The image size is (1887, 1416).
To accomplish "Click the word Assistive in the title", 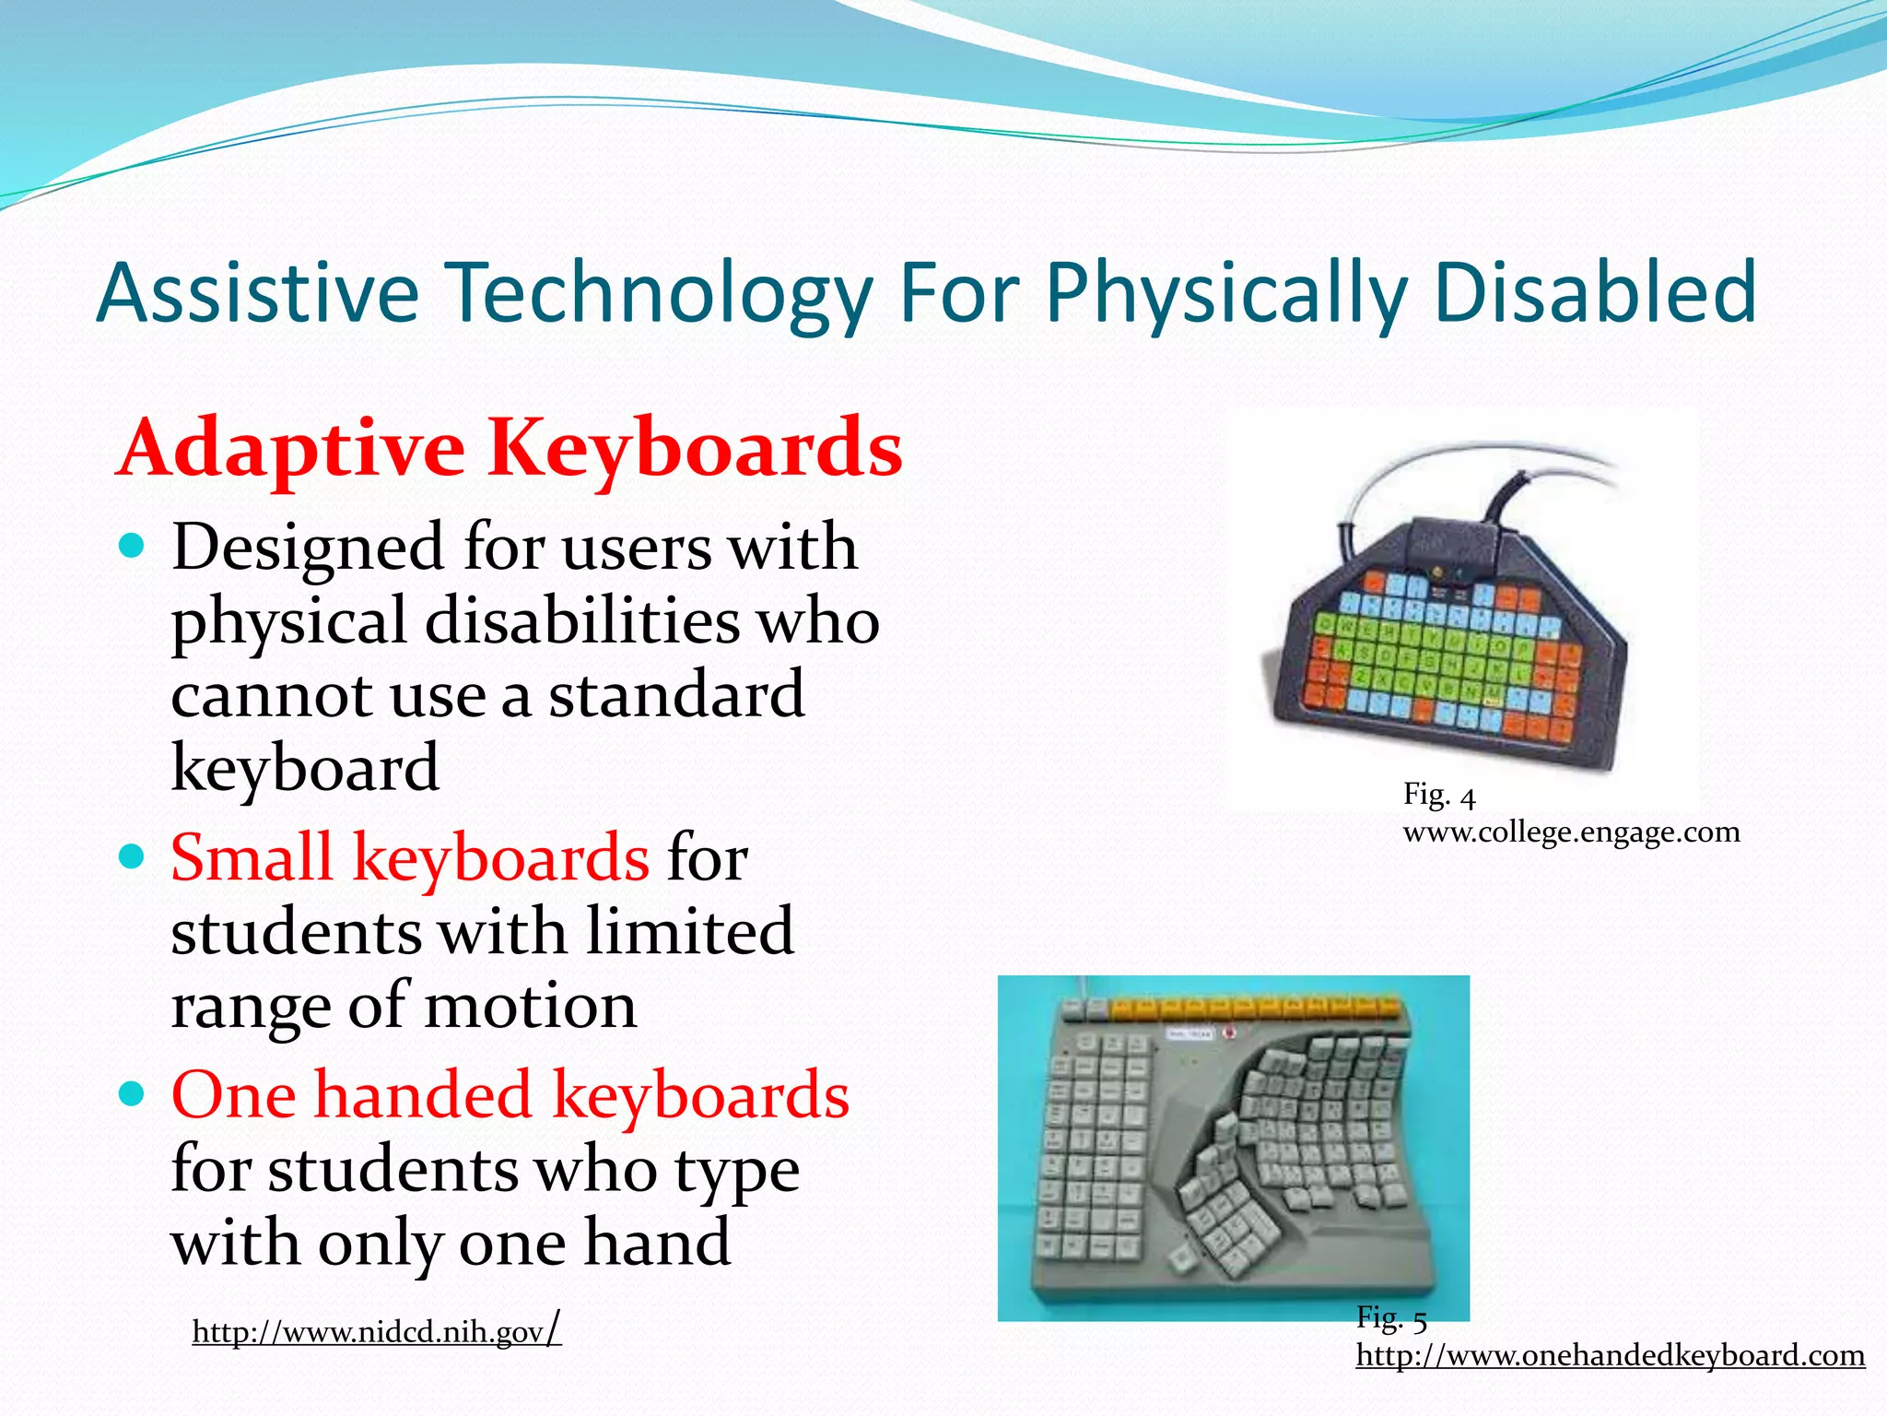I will (257, 293).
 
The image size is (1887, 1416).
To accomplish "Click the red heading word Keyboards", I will (695, 450).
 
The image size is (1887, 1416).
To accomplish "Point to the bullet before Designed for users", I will (133, 548).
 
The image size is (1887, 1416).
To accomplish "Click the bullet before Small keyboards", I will (133, 858).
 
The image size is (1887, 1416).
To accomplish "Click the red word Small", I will (251, 858).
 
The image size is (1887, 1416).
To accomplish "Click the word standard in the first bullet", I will (676, 695).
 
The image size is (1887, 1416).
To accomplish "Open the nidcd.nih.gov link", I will (376, 1332).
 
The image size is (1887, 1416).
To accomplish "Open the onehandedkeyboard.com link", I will (1610, 1355).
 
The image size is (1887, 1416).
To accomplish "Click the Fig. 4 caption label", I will (1438, 795).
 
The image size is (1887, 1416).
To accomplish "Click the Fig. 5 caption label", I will (1390, 1318).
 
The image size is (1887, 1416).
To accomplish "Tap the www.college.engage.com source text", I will (1571, 832).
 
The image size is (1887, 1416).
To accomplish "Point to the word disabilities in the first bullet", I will (581, 621).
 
